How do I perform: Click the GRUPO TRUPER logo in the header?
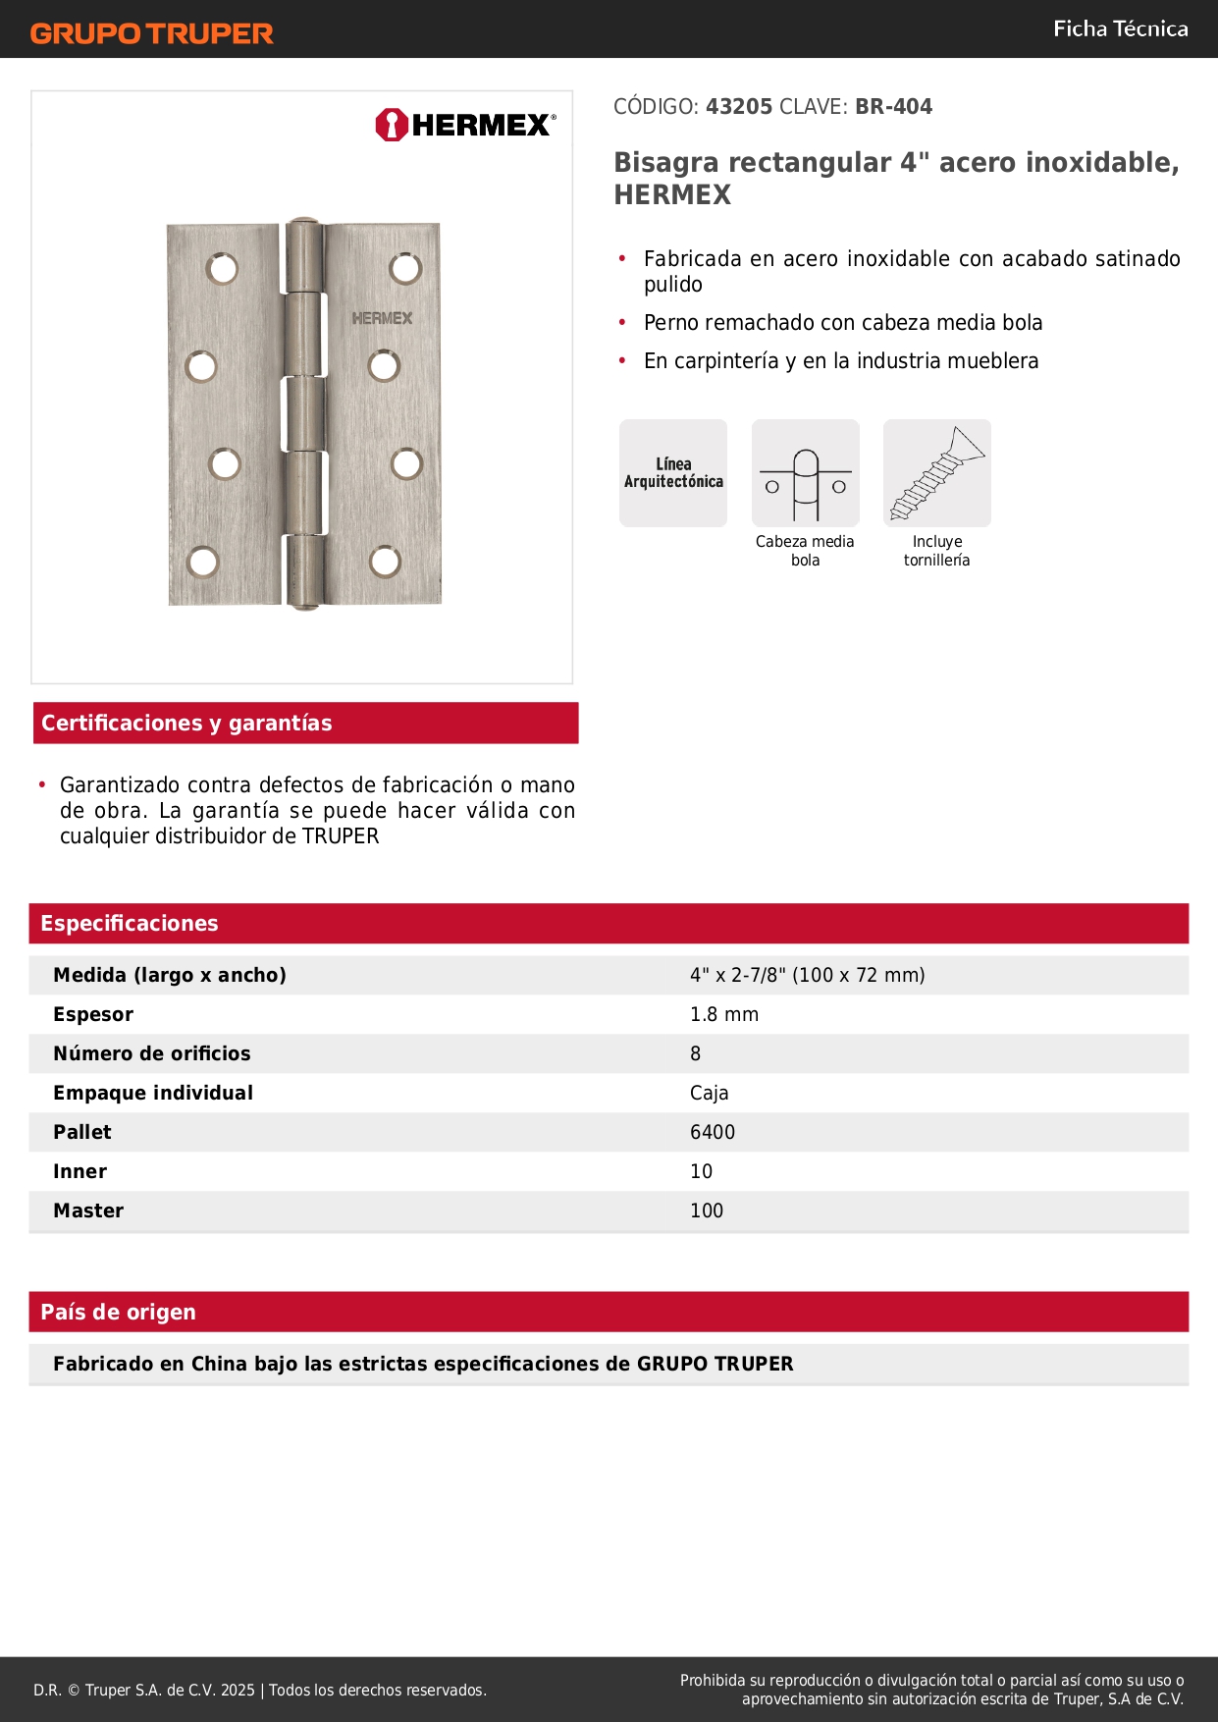[x=151, y=33]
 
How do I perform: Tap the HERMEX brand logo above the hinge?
[x=465, y=125]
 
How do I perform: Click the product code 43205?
[x=739, y=107]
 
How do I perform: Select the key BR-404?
[x=893, y=107]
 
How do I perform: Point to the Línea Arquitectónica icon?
[x=673, y=473]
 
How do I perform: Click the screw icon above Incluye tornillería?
[x=936, y=473]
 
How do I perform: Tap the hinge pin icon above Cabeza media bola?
[x=805, y=473]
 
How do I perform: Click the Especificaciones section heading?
[x=130, y=924]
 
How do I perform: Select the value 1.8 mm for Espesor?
[x=724, y=1015]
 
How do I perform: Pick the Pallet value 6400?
[x=713, y=1133]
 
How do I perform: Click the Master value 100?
[x=707, y=1211]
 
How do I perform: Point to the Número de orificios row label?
[x=152, y=1054]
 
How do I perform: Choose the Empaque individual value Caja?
[x=709, y=1094]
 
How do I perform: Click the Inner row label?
[x=80, y=1172]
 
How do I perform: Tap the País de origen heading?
[x=119, y=1313]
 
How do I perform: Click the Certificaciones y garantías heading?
[x=186, y=724]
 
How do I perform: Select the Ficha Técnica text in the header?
[x=1120, y=29]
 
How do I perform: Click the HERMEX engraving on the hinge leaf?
[x=382, y=319]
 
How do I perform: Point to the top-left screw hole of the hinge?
[x=222, y=268]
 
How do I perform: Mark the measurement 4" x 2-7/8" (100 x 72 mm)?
[x=807, y=976]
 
